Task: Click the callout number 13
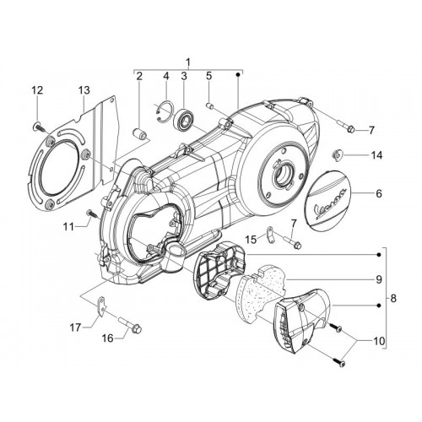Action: [x=84, y=90]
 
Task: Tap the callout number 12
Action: [x=37, y=90]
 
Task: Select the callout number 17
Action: [x=75, y=327]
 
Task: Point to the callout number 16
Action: [x=107, y=338]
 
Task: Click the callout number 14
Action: [x=376, y=155]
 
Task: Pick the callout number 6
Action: [x=379, y=193]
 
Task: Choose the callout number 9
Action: [x=379, y=279]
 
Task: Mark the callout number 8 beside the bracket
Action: [x=393, y=298]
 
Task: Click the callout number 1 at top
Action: [x=188, y=62]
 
